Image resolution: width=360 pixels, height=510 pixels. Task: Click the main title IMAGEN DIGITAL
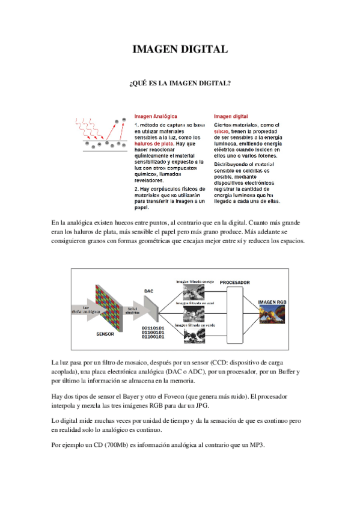180,50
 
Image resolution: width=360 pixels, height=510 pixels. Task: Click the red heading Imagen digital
231,116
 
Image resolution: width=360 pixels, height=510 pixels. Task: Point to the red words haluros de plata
154,144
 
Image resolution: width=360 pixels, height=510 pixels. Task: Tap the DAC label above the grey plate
149,290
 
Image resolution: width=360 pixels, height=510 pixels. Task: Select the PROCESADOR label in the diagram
234,282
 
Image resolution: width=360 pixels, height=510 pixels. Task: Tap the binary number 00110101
153,327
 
